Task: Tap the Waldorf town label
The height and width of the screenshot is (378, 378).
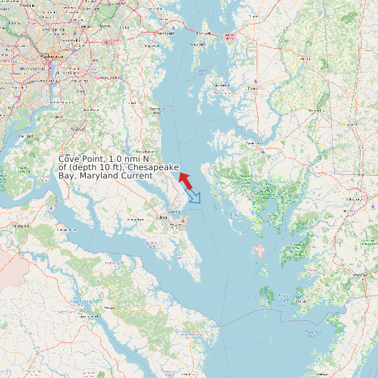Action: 78,129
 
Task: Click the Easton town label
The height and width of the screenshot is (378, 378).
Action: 254,89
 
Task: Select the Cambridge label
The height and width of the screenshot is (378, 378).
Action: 252,144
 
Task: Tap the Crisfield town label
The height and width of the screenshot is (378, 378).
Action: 301,301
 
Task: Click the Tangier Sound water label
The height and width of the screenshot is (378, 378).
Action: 282,297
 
